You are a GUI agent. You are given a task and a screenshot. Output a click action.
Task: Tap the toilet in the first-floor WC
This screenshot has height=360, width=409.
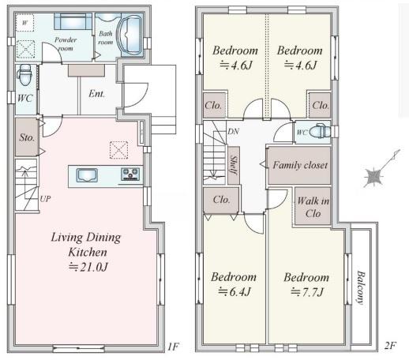tap(25, 76)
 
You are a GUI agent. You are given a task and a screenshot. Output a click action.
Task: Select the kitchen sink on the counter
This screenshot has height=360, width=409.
tap(87, 175)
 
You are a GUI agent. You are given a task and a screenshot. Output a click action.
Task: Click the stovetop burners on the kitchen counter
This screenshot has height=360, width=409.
tap(130, 174)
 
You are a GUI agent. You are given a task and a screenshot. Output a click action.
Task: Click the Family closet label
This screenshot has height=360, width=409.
tap(300, 165)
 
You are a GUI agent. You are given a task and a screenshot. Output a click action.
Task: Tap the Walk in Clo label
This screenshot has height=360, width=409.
tap(313, 207)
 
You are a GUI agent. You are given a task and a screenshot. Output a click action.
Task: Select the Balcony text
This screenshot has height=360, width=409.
tap(361, 287)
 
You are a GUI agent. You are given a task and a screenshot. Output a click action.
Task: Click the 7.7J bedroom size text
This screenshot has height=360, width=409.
tap(307, 292)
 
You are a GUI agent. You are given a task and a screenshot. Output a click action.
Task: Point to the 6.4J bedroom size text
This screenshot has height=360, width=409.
tap(235, 292)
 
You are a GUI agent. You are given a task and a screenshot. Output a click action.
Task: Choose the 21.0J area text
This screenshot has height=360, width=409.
tap(88, 267)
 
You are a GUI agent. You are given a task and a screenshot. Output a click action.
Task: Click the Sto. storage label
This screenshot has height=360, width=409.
tap(27, 137)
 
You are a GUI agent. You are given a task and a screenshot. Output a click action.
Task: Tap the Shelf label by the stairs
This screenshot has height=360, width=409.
tap(234, 165)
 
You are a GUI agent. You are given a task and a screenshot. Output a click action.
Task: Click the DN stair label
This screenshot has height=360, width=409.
tap(233, 132)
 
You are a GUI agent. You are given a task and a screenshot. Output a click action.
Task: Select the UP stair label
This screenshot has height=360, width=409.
tap(45, 199)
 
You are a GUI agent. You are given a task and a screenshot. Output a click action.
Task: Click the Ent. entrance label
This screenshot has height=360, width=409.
tap(96, 93)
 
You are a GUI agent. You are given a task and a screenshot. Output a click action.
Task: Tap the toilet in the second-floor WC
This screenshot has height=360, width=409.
tap(320, 130)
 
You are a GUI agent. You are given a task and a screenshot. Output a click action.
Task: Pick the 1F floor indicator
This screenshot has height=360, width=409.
tap(173, 347)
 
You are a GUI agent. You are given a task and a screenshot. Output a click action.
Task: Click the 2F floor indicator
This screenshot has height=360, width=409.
tap(390, 345)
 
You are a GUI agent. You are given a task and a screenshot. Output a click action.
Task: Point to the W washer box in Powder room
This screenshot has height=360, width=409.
tap(24, 23)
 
